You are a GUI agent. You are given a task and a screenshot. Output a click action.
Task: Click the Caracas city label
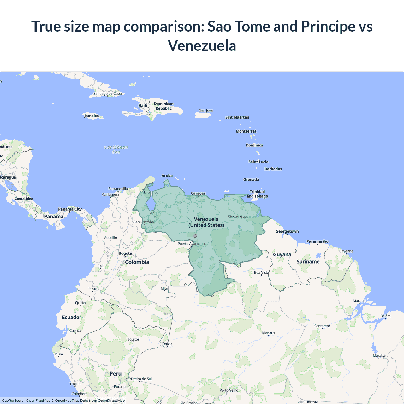click(x=198, y=193)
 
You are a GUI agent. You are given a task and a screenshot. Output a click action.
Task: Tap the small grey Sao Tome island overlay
click(x=195, y=236)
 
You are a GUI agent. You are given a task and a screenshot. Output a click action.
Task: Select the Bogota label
click(x=125, y=253)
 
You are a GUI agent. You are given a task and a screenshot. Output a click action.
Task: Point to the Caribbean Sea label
click(x=116, y=149)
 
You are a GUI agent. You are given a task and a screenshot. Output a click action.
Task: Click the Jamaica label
click(x=92, y=116)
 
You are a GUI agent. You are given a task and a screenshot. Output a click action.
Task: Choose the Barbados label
click(x=273, y=169)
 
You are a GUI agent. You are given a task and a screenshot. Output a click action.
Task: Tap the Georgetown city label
click(x=287, y=231)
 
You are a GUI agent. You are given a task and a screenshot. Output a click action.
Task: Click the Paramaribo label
click(x=317, y=241)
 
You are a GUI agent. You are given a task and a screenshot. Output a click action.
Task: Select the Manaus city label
click(x=269, y=333)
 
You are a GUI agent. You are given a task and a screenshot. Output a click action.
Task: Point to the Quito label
click(x=80, y=303)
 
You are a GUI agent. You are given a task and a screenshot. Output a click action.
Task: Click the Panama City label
click(x=70, y=209)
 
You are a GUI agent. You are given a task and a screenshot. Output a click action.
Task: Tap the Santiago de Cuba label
click(x=107, y=93)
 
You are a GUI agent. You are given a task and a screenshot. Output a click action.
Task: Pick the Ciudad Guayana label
click(x=241, y=217)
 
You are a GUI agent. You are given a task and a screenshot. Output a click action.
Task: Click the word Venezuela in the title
click(x=202, y=45)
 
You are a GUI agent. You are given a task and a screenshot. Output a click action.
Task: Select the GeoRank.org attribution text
click(x=13, y=401)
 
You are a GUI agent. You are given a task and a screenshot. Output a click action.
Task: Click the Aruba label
click(x=167, y=176)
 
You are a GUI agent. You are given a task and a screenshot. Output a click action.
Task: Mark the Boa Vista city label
click(x=261, y=272)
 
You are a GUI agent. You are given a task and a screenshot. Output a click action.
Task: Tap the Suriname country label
click(x=308, y=261)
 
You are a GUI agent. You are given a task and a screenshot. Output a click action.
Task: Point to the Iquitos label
click(x=134, y=339)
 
